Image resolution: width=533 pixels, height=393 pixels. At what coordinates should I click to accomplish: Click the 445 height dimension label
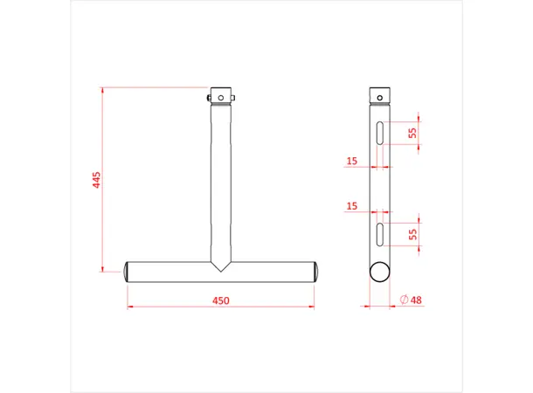[x=97, y=179]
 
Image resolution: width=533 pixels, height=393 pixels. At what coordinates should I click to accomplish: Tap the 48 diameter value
[x=415, y=300]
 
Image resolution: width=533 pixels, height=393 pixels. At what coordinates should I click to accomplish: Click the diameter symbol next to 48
[x=403, y=300]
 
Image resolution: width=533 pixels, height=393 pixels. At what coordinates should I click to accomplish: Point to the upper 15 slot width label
[x=352, y=160]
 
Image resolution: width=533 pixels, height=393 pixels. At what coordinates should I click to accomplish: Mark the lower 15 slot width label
[x=352, y=206]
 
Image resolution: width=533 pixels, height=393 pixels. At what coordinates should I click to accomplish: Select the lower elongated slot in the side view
[x=381, y=233]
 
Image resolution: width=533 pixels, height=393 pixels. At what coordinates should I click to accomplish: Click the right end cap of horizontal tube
[x=315, y=271]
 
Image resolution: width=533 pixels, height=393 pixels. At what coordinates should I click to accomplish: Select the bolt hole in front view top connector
[x=220, y=95]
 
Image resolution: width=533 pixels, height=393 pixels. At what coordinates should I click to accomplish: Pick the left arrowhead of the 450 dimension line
[x=130, y=307]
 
